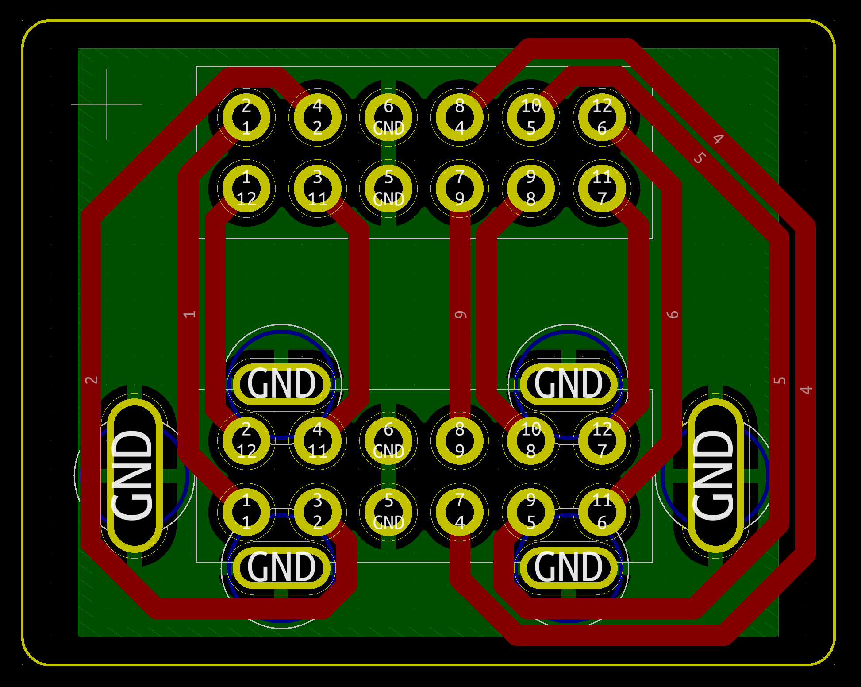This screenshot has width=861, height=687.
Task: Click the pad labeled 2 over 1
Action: coord(246,117)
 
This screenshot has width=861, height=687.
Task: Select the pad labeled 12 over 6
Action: coord(602,117)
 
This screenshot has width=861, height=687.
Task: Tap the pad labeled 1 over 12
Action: coord(246,189)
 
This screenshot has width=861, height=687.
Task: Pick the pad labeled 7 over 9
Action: coord(460,189)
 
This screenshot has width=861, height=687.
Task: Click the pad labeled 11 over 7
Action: coord(602,189)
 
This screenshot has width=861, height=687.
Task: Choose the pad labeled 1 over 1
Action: coord(246,512)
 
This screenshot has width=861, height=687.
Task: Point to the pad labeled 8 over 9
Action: coord(460,441)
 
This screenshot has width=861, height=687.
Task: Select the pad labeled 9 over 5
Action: coord(531,512)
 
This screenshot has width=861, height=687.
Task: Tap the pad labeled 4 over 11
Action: coord(318,441)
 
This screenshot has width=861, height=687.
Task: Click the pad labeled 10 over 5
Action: coord(531,117)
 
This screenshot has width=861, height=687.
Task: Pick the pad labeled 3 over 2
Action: coord(318,512)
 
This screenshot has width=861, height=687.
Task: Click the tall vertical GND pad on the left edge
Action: coord(135,476)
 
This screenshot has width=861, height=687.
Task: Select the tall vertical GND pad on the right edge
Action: coord(715,476)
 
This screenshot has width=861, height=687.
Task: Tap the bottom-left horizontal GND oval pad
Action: coord(281,568)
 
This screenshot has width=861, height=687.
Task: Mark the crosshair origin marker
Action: coord(106,104)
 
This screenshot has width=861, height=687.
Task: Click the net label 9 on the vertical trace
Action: coord(461,315)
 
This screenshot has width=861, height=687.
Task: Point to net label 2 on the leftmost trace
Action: coord(91,380)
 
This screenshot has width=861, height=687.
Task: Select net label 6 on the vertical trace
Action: coord(673,314)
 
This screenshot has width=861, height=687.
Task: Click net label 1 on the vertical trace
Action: coord(189,314)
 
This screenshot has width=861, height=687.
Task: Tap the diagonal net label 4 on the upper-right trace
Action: coord(718,139)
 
